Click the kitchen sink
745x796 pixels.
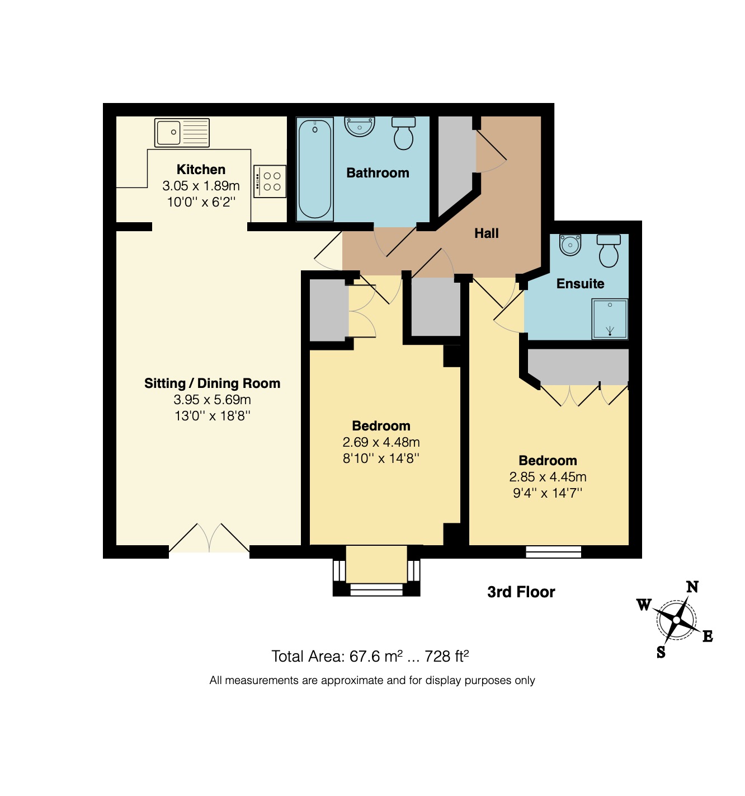182,132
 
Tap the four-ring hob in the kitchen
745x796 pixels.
270,181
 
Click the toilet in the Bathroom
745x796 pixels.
403,133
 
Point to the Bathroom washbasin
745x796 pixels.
360,127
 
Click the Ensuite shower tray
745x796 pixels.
610,319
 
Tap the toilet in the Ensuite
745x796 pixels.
609,251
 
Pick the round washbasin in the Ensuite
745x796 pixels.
570,245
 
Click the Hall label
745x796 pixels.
486,233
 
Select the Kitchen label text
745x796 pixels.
201,170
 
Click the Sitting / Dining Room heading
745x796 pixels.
213,383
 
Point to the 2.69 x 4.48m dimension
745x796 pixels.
381,442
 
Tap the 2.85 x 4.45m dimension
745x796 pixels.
548,477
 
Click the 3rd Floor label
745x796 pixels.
521,592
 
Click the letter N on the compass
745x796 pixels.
692,587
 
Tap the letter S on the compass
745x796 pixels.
661,653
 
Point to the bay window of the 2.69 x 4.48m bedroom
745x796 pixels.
376,571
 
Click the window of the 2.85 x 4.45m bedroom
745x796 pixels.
554,552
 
